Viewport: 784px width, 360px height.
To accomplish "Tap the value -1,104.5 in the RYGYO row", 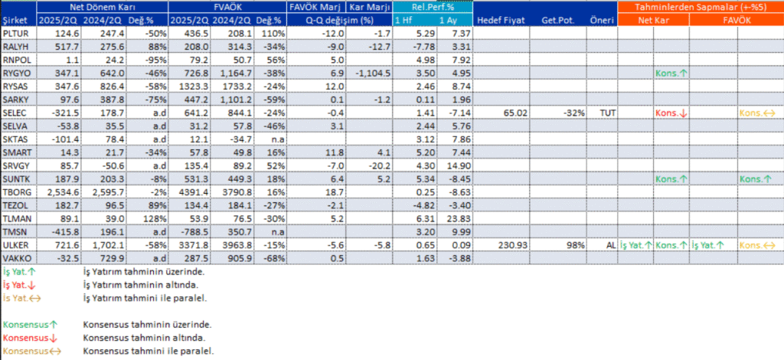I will (374, 73).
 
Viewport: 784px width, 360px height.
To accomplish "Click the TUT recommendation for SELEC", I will (605, 113).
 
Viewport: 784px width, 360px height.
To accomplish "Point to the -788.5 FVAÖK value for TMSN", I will (187, 231).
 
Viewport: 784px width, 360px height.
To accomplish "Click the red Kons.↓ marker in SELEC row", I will (671, 113).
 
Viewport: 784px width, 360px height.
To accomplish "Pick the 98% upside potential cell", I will (575, 244).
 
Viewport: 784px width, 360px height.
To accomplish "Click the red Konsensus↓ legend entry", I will (28, 338).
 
